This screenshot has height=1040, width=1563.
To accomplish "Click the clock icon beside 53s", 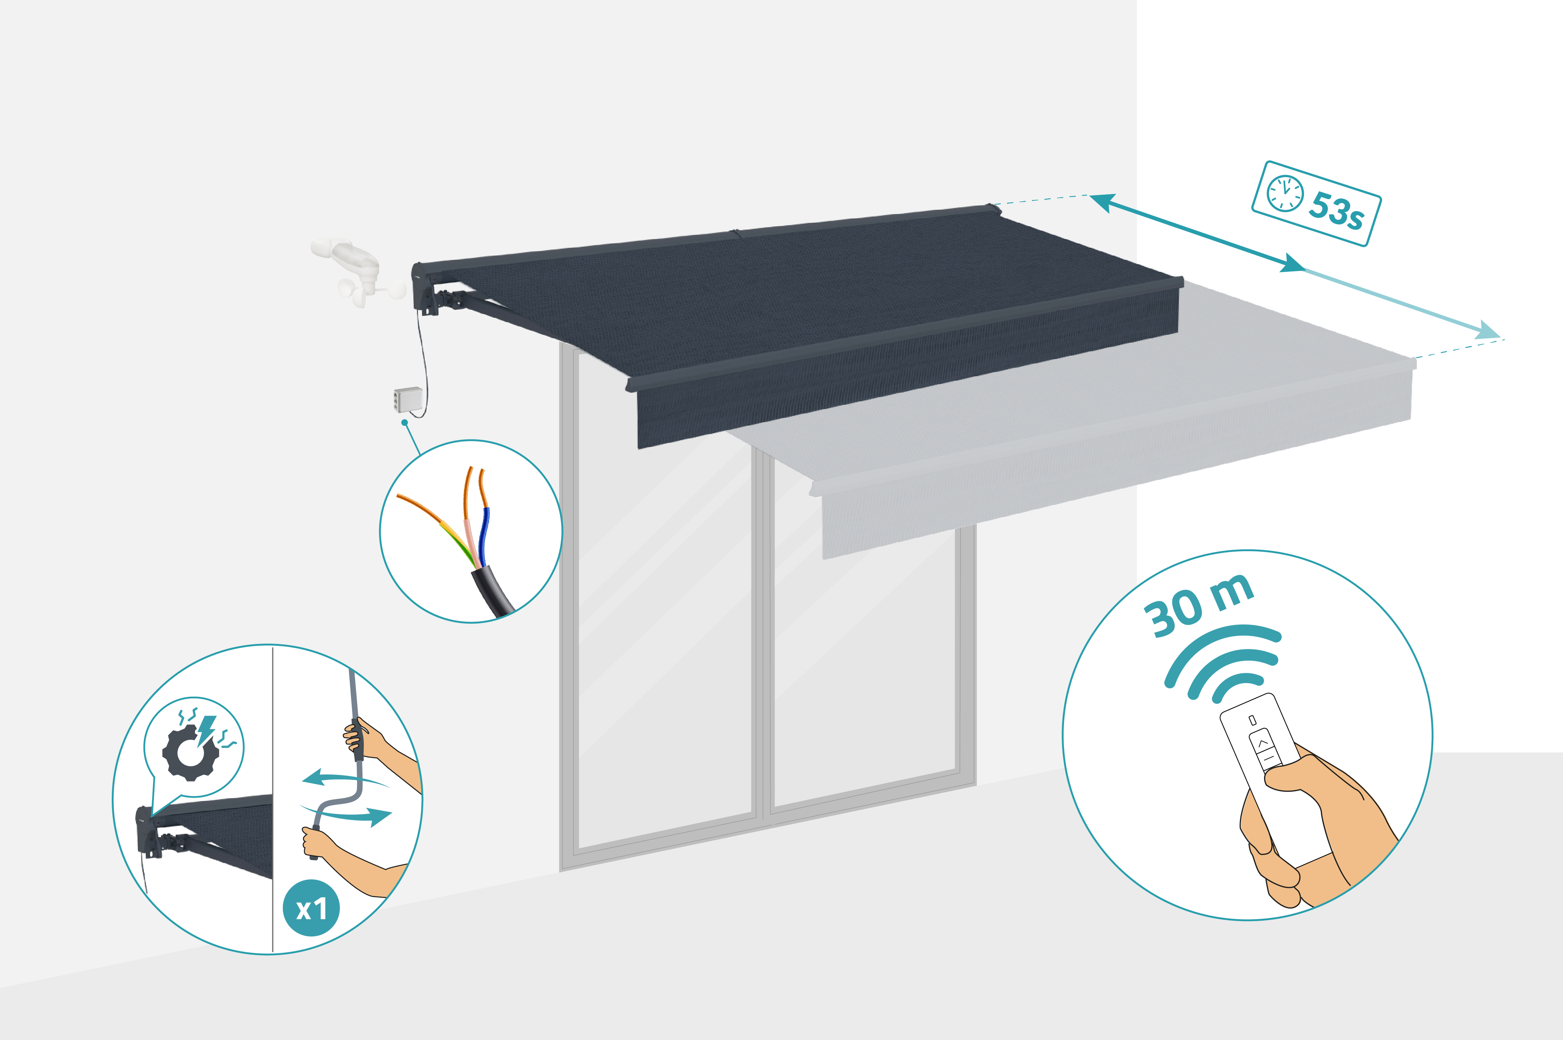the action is [1285, 193].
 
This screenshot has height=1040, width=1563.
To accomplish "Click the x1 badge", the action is [311, 909].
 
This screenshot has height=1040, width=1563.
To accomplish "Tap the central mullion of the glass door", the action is [762, 630].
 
